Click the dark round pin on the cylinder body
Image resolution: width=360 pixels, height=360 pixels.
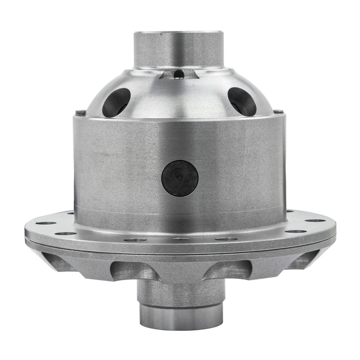180,178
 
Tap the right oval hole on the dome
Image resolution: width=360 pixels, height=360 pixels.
242,101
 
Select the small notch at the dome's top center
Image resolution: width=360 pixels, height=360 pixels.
179,73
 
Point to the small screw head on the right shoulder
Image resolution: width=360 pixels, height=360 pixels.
280,112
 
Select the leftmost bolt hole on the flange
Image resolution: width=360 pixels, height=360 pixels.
46,223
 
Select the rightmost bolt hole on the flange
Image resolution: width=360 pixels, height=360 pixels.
315,220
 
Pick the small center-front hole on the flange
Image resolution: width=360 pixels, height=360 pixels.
180,239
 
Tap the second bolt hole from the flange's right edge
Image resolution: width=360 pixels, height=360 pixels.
296,231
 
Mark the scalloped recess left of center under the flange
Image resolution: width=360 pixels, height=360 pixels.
128,270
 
